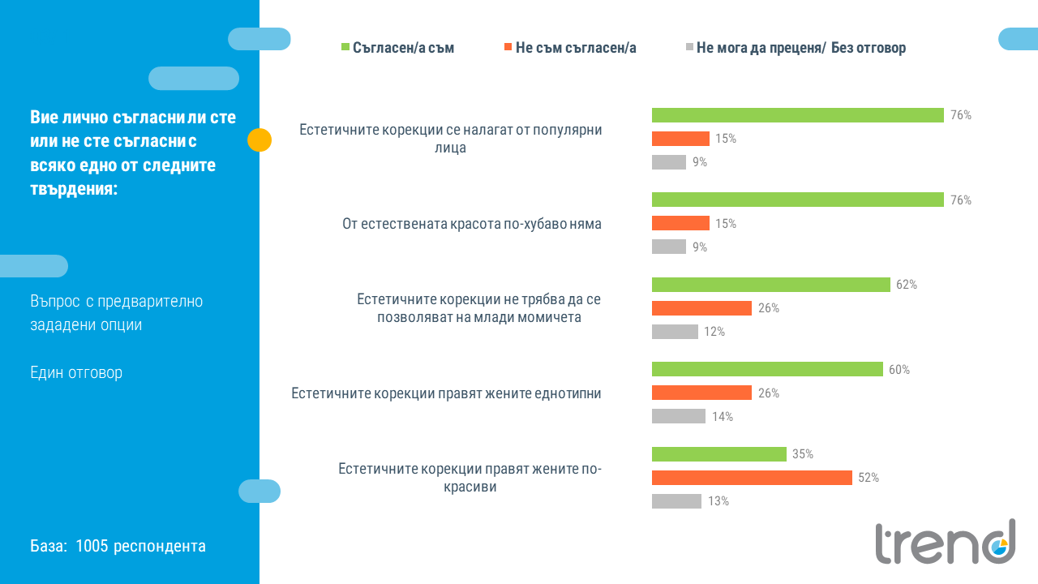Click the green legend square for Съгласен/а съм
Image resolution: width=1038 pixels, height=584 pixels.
click(x=345, y=47)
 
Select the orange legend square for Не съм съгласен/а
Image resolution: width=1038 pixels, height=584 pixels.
click(x=506, y=47)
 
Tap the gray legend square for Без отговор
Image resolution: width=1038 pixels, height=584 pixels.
click(x=689, y=47)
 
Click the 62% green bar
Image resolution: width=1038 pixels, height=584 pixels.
click(x=770, y=285)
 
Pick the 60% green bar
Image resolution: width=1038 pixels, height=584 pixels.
click(x=767, y=369)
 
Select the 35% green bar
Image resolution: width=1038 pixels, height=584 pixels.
click(x=718, y=454)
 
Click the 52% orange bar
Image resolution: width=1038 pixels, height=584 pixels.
click(x=752, y=478)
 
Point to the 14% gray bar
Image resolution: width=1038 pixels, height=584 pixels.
click(x=679, y=416)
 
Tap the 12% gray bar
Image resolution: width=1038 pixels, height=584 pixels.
click(x=675, y=332)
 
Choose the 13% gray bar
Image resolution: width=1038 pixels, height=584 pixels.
click(x=676, y=501)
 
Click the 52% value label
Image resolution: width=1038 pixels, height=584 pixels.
click(x=869, y=478)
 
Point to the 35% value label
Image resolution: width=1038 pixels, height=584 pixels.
click(x=803, y=454)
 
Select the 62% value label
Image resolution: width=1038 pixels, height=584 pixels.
click(x=907, y=285)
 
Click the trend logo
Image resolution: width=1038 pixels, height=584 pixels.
click(x=945, y=542)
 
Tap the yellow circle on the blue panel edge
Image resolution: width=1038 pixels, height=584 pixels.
click(x=259, y=140)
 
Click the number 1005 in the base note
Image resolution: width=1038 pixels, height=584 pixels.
click(x=92, y=546)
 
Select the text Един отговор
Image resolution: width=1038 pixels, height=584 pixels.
click(x=76, y=373)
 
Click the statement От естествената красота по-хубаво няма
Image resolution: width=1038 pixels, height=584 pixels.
click(x=472, y=224)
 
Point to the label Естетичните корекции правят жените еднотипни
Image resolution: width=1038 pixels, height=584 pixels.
click(x=446, y=393)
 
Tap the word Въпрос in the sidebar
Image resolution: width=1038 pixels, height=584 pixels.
click(x=54, y=302)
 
